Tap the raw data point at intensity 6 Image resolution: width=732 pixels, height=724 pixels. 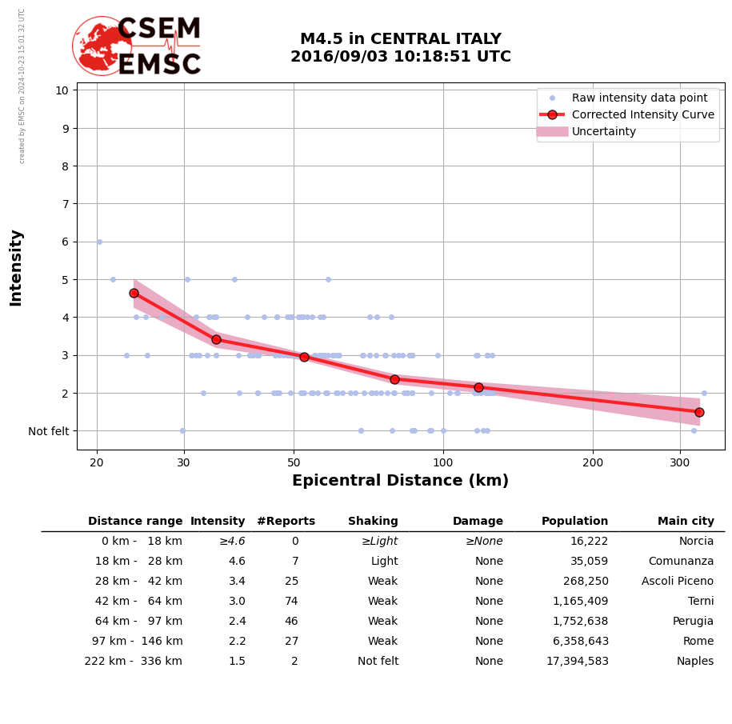[99, 242]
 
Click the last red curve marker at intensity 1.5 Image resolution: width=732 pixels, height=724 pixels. [699, 412]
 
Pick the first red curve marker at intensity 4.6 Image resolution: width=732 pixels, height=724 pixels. [134, 293]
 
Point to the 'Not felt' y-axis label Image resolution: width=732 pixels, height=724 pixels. [49, 431]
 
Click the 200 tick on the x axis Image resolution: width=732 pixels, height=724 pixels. [593, 462]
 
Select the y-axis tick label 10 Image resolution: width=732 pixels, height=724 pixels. [62, 90]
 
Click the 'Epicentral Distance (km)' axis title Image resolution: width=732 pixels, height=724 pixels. [400, 481]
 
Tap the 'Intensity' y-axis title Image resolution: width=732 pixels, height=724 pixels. [16, 267]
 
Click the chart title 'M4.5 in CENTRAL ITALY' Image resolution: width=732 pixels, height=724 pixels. [400, 39]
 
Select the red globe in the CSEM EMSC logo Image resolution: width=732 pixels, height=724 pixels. [102, 46]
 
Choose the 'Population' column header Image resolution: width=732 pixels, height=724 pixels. [574, 522]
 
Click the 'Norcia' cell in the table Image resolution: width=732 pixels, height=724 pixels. [696, 542]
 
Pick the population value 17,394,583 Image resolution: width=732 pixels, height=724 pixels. [577, 662]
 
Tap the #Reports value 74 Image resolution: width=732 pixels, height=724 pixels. [291, 602]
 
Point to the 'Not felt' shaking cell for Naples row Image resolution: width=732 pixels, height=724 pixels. [378, 662]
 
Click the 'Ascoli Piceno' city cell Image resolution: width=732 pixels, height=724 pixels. [678, 582]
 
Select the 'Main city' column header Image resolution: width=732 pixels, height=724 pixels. [686, 522]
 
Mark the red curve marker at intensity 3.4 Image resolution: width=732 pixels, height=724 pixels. [216, 339]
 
